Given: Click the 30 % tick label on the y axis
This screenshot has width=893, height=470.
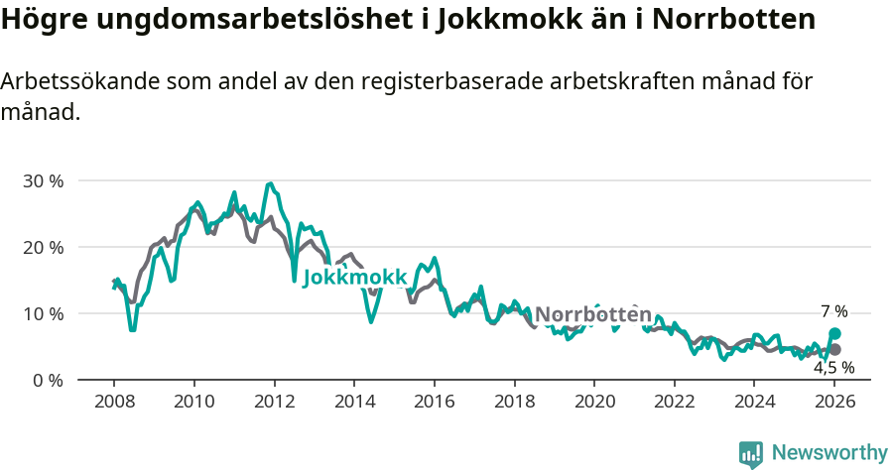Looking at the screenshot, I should [x=43, y=181].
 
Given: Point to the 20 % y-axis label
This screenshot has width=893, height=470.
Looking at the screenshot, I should [x=43, y=247].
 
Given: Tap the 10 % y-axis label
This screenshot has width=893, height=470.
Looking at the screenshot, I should [x=43, y=313].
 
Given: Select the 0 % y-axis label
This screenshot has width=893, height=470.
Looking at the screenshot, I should [x=48, y=380].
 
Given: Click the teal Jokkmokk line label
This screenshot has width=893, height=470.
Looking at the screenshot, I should [x=354, y=278].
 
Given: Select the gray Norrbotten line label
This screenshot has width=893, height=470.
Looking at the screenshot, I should [x=593, y=314].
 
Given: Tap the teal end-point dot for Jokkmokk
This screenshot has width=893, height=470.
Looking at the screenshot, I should [x=835, y=334].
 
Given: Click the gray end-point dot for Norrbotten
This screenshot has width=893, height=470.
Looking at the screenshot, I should [x=835, y=350].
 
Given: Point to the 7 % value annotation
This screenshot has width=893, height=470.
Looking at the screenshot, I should [x=833, y=311].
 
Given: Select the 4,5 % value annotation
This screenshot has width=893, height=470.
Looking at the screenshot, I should [x=833, y=368].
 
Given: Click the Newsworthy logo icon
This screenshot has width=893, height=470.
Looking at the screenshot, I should [x=751, y=453].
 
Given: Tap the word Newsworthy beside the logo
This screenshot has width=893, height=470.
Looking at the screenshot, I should [x=829, y=453].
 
